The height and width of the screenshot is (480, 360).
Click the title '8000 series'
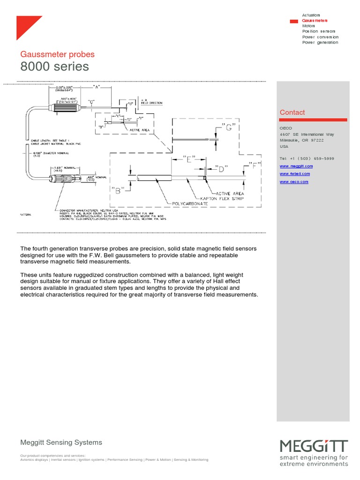(54, 67)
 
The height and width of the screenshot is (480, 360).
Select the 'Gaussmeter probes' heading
(57, 54)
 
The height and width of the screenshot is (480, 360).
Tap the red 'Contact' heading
(292, 112)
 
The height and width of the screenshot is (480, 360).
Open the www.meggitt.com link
(296, 166)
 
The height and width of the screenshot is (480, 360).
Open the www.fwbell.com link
(295, 174)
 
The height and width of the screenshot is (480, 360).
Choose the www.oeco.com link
(294, 181)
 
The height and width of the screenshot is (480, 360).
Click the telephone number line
(307, 158)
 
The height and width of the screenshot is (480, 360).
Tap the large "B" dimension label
(117, 190)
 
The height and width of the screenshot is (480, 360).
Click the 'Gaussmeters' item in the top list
(315, 21)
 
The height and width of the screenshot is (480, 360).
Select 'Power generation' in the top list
(320, 43)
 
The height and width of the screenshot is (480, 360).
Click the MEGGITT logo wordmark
(314, 446)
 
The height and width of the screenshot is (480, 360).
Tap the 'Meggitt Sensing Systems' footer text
(61, 442)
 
